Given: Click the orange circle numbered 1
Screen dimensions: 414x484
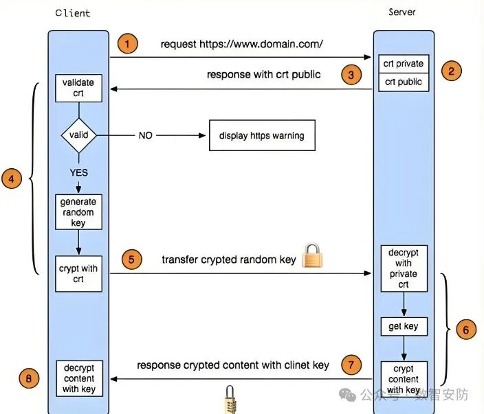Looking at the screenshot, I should [x=127, y=44].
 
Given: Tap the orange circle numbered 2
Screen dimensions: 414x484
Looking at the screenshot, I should [x=451, y=70].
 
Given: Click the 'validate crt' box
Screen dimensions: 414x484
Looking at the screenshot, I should [x=78, y=88].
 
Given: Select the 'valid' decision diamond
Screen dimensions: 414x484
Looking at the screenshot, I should [x=78, y=135].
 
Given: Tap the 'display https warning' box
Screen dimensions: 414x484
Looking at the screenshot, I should [x=262, y=136].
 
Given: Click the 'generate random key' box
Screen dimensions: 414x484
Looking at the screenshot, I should [x=78, y=212].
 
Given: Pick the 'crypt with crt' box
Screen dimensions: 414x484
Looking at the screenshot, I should [x=78, y=273].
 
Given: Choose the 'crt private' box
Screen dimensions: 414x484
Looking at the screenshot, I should [x=404, y=64].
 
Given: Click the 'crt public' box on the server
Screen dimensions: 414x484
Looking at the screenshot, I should [x=404, y=82].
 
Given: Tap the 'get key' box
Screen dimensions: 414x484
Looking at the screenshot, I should [x=404, y=326].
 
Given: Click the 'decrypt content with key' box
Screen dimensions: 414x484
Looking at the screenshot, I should [x=78, y=377].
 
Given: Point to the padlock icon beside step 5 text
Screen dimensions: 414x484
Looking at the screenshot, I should [x=312, y=256].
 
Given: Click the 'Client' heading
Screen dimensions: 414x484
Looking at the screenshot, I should [x=72, y=13].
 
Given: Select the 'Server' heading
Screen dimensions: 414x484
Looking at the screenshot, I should [x=403, y=12].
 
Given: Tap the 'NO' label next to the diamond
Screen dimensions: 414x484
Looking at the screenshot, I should [x=146, y=136].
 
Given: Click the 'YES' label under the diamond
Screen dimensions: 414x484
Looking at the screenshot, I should [x=79, y=173].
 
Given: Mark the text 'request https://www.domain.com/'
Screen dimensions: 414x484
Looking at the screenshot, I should [x=242, y=44].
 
